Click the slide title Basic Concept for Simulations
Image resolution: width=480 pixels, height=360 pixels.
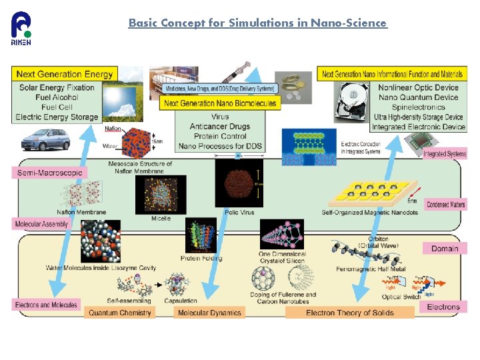click(257, 23)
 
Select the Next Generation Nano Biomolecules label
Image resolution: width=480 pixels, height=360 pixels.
click(219, 103)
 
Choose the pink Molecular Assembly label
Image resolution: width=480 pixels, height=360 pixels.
click(41, 224)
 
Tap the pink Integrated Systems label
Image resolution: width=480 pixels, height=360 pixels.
click(445, 154)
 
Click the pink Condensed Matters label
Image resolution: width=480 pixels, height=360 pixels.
click(445, 204)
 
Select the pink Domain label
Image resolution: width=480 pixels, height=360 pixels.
click(444, 249)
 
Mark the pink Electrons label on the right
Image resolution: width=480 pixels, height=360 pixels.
click(443, 307)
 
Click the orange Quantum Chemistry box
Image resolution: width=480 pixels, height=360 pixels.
click(120, 313)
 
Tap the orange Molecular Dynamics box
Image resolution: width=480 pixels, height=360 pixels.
click(209, 313)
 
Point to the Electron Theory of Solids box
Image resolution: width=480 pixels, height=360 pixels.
click(349, 313)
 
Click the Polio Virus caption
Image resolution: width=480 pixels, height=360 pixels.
click(240, 213)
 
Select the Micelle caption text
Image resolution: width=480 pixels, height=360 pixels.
click(161, 219)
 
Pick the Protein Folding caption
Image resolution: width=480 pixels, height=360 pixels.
click(201, 258)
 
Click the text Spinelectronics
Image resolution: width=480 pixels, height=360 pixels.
click(418, 107)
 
